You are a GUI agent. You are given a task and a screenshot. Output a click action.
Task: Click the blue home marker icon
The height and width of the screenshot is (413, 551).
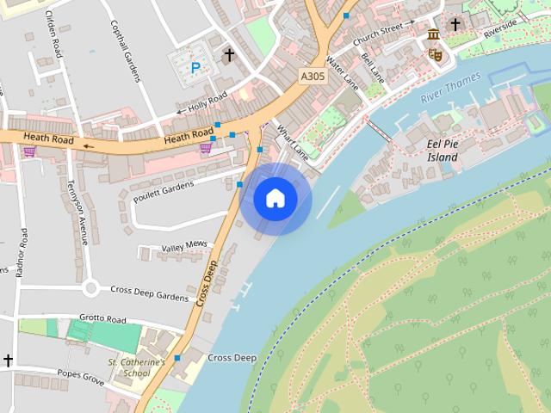coord(275,199)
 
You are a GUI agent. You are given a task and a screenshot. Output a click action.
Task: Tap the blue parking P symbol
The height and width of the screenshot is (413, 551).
coord(195,67)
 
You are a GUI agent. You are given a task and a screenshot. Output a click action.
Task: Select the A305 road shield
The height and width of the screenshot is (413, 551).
coord(313,77)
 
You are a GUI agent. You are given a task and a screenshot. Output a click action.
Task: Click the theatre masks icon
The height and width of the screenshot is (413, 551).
coord(435,53)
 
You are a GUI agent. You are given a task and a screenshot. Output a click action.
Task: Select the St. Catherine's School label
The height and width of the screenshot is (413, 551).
coord(136,367)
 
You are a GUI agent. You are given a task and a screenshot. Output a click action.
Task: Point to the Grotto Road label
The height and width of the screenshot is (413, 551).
coord(102,319)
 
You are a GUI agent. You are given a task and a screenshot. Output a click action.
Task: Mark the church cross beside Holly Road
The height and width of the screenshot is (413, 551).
coord(229,55)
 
